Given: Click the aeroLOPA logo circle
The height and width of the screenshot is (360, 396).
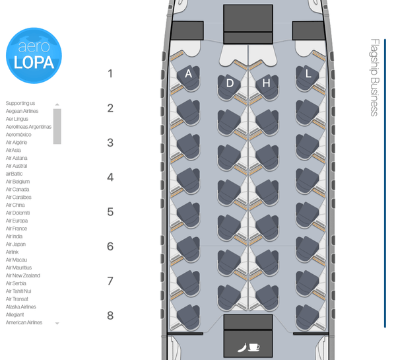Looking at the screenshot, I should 33,55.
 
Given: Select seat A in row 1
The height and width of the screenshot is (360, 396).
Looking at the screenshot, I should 188,76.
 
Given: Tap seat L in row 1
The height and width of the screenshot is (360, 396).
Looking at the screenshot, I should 308,76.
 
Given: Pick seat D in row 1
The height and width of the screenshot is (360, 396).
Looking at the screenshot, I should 229,84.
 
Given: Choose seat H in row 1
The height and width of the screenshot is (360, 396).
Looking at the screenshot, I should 267,84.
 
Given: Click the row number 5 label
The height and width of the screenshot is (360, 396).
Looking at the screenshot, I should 110,212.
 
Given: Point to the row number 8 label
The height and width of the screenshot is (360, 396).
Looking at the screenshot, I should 110,316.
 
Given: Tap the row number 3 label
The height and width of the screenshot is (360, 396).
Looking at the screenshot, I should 110,143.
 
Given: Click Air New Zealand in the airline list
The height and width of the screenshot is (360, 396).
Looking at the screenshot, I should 23,275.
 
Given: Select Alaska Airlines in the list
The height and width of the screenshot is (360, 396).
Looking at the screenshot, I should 22,307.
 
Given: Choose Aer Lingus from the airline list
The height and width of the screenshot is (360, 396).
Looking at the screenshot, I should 17,119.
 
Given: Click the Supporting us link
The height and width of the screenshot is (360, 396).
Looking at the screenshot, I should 20,103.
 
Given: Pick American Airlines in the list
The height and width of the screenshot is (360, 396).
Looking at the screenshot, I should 24,322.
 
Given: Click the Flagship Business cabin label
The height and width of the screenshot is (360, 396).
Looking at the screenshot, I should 374,77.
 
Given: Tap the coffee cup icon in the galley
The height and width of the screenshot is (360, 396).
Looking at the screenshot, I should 254,346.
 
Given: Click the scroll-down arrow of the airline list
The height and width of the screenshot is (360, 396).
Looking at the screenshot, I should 57,323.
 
